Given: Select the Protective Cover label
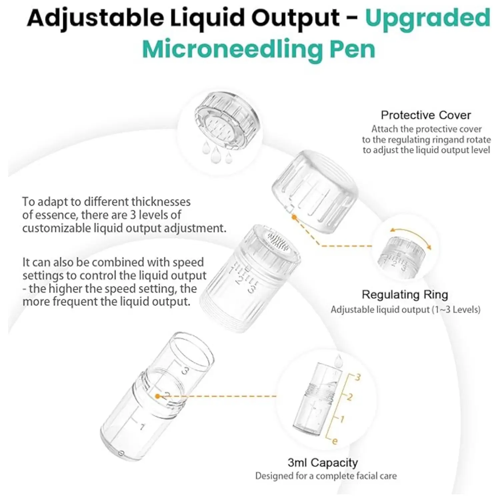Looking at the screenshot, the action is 426,115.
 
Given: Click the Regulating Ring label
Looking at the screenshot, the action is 405,295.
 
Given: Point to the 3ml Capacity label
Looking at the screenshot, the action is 323,463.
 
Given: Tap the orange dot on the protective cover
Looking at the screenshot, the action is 294,217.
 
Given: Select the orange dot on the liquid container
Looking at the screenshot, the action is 158,396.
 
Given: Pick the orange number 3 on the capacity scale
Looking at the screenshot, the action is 358,377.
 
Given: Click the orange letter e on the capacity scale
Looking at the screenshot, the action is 335,441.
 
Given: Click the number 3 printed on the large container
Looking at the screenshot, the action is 185,370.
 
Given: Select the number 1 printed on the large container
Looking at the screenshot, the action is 142,427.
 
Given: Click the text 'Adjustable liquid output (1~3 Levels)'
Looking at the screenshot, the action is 405,310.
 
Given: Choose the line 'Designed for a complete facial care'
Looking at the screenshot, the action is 326,476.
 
